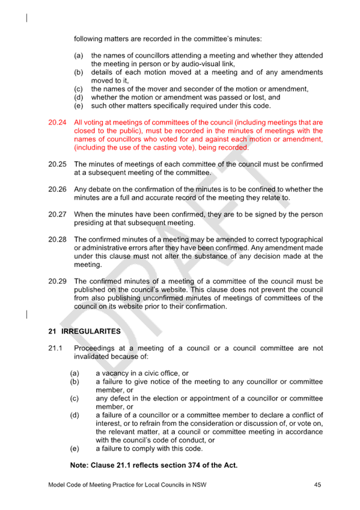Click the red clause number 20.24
(57, 122)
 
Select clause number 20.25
(57, 164)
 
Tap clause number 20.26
(57, 189)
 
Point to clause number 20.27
(57, 214)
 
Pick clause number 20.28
(57, 239)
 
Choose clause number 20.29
(57, 281)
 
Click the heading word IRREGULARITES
(91, 331)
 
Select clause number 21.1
(55, 348)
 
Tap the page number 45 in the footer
(317, 485)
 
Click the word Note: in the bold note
(79, 465)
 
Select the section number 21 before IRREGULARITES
(52, 331)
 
